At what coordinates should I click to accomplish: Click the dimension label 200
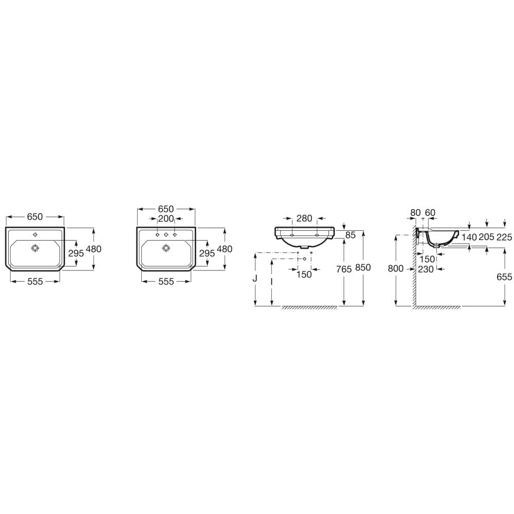tap(166, 218)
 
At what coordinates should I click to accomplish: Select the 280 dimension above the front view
tap(304, 218)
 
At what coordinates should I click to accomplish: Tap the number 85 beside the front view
tap(351, 235)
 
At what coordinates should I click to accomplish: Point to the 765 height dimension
tap(344, 269)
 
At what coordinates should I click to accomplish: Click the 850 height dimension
tap(363, 267)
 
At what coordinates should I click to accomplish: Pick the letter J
tap(255, 278)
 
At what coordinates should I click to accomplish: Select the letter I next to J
tap(271, 282)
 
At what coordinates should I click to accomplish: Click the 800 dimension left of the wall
tap(396, 268)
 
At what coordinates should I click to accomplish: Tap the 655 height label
tap(504, 277)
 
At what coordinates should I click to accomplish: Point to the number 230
tap(426, 269)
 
